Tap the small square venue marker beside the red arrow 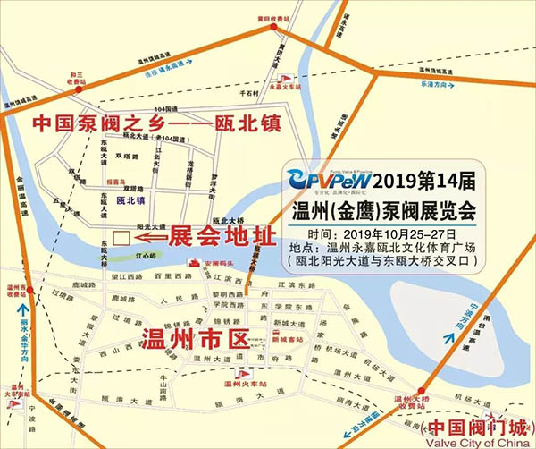pyautogui.click(x=121, y=239)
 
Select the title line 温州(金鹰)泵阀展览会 pyautogui.click(x=385, y=212)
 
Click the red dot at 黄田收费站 pyautogui.click(x=274, y=30)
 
